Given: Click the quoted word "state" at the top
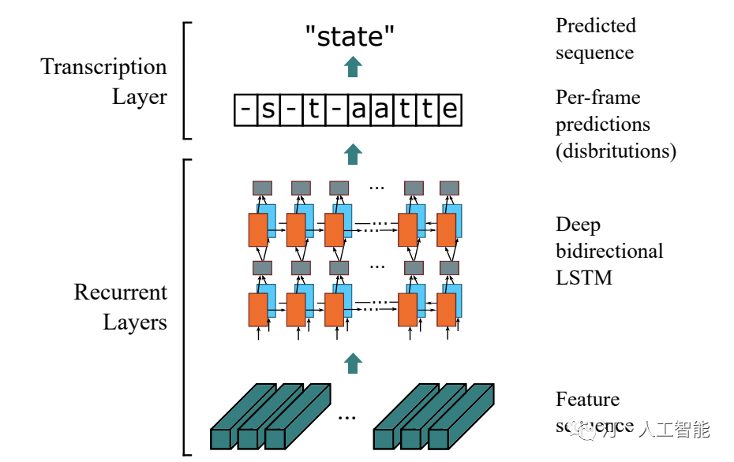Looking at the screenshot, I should point(350,35).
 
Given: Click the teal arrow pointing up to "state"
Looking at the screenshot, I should point(353,67).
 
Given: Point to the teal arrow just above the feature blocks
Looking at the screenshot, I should point(353,363).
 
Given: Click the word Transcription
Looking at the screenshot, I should point(103,67).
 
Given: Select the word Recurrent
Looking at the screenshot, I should point(120,292).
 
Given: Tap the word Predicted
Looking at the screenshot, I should point(595,26).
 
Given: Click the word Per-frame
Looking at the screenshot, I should point(597,98).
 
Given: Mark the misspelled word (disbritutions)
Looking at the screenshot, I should point(616,151).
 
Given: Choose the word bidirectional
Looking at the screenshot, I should point(609,251).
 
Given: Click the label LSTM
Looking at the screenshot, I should point(583,278).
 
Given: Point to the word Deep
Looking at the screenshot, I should point(578,225).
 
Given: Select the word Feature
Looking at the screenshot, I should point(587,400).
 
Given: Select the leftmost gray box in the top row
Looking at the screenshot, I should point(262,188).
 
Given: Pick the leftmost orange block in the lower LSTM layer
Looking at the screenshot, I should point(258,310).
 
